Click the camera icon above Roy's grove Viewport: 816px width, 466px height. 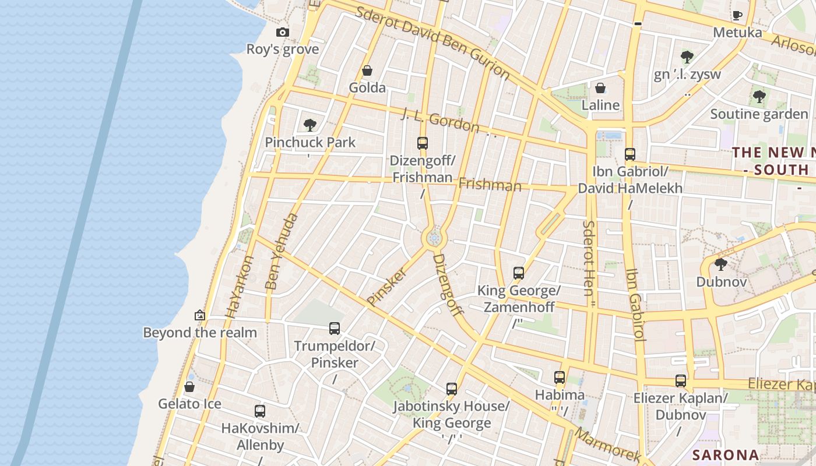283,33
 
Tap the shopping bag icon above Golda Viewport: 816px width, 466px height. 367,71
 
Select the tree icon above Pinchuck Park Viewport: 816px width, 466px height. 309,125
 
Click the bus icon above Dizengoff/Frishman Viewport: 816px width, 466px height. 422,143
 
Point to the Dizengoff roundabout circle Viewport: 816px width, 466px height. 434,238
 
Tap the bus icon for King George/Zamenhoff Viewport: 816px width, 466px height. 518,273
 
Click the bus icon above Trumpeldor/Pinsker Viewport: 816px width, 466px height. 334,329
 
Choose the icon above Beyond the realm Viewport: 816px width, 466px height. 200,315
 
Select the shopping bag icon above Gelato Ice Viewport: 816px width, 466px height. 189,387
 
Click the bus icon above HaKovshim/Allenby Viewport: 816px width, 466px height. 260,411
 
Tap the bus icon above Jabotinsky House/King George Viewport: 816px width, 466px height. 451,389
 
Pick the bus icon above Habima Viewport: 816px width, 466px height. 560,377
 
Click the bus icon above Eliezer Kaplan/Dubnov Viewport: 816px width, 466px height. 680,381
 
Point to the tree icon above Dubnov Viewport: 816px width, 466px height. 720,264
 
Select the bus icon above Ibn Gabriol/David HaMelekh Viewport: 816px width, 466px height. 629,154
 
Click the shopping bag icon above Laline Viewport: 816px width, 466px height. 600,89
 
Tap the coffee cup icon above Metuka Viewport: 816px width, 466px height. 737,16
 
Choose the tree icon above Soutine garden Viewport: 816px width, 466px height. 758,97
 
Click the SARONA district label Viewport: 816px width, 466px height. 726,454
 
